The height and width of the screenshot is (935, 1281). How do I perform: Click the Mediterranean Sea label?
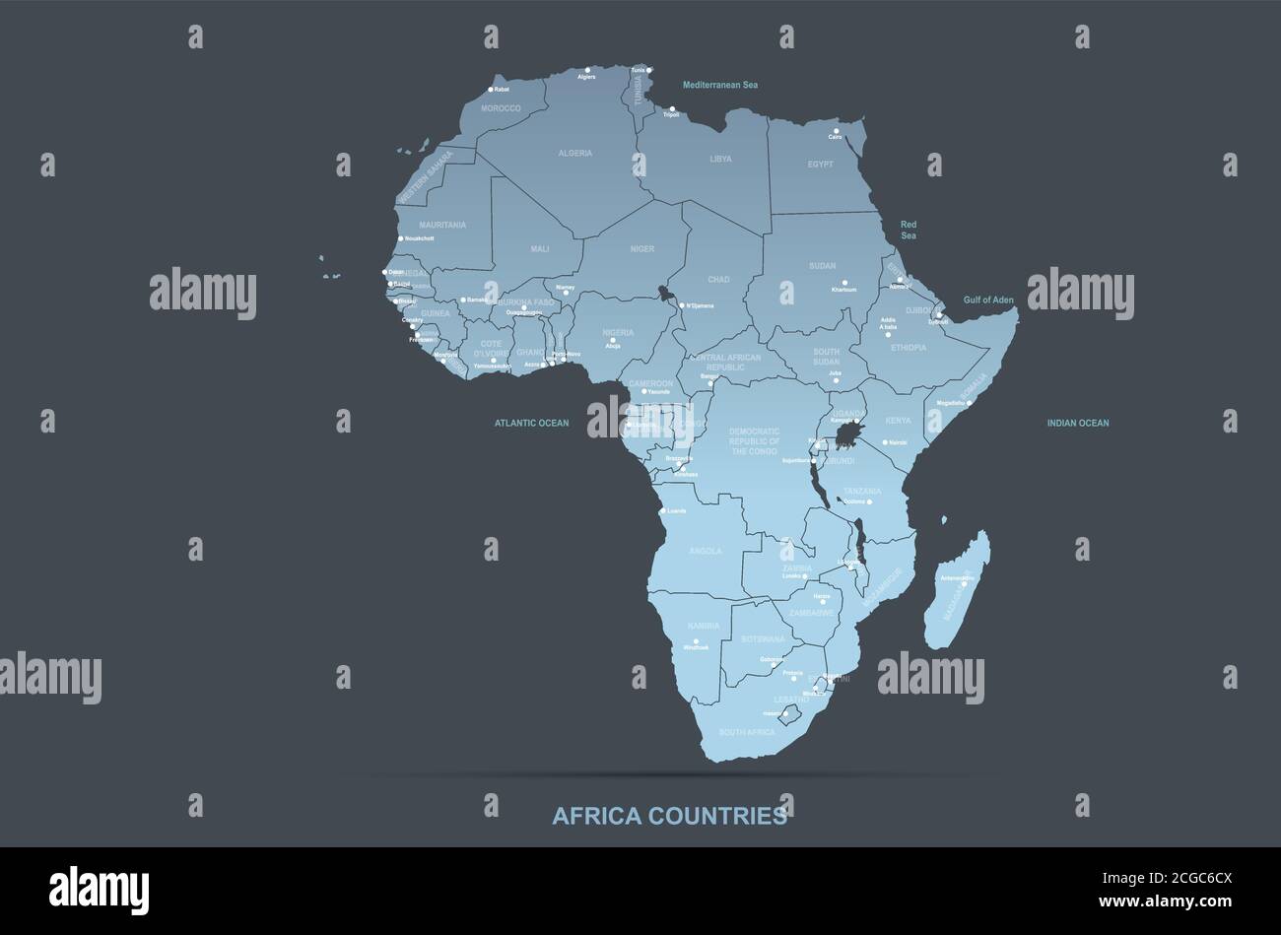[720, 86]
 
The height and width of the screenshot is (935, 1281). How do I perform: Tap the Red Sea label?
[908, 231]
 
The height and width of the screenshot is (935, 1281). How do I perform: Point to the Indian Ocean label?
[1077, 424]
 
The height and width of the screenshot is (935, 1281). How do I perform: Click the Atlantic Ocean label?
[531, 424]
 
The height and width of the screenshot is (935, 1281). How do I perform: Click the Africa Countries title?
[669, 816]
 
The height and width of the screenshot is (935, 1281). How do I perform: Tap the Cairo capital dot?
[836, 131]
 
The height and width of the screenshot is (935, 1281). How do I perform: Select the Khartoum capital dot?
[844, 283]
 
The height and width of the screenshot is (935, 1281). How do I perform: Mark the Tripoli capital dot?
[672, 109]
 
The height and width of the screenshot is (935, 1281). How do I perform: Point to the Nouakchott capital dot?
[400, 238]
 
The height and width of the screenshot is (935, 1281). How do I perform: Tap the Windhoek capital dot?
[696, 641]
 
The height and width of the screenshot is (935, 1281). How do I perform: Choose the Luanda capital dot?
[662, 510]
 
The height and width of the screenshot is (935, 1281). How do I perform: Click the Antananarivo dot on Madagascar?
[964, 583]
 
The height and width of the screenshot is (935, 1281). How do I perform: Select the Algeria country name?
[574, 154]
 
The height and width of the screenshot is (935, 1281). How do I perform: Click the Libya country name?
[720, 159]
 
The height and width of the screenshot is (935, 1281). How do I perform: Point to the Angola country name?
[705, 552]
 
